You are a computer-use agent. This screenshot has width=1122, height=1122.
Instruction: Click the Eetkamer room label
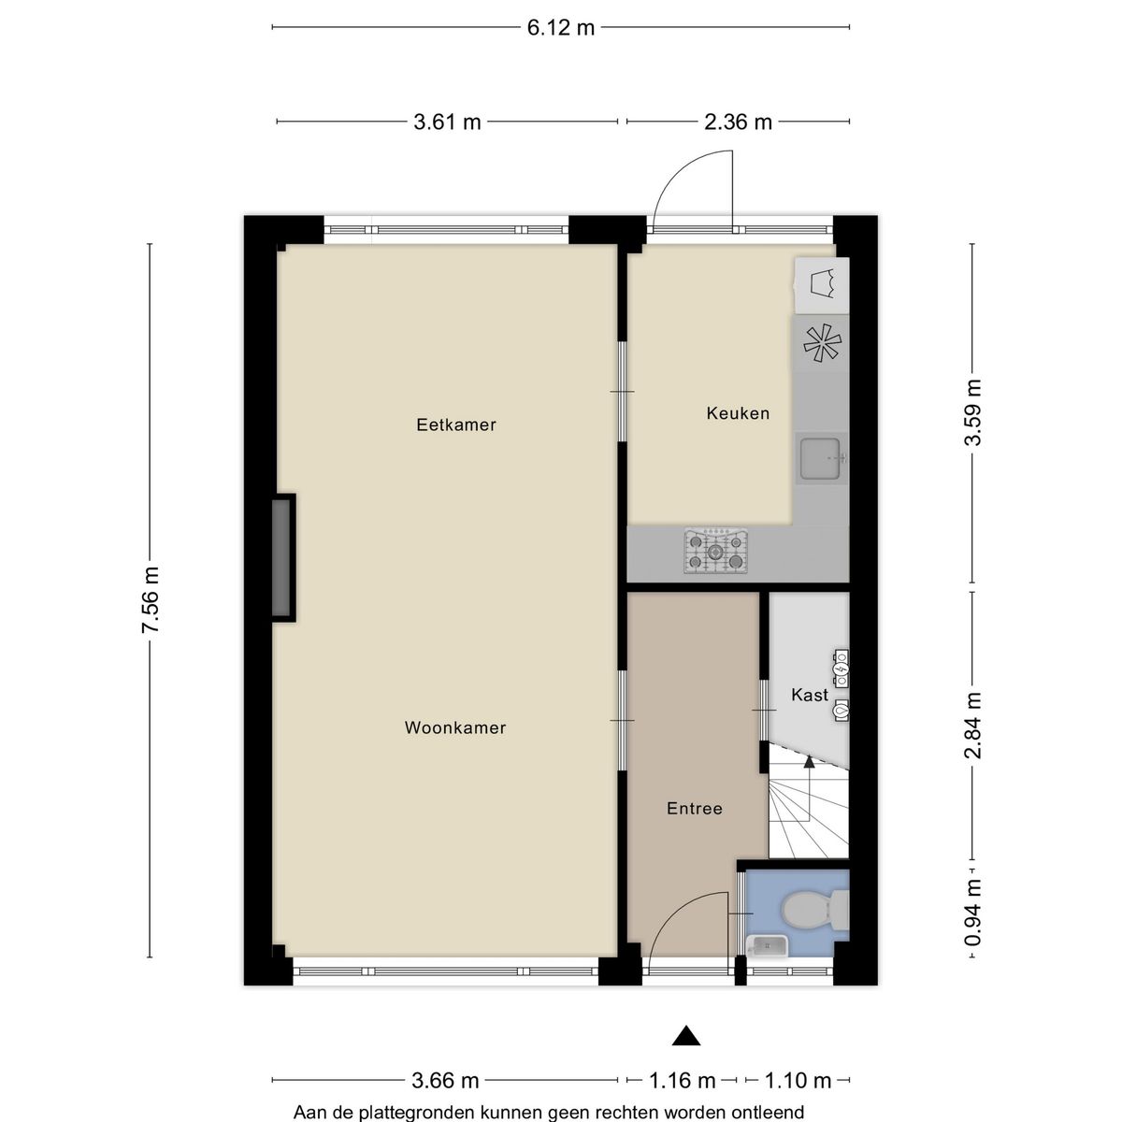tap(456, 424)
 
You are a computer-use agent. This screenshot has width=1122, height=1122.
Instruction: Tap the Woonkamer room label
tap(455, 727)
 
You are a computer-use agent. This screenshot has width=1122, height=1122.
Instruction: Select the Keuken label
tap(738, 412)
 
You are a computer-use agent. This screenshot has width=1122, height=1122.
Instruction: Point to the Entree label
tap(695, 808)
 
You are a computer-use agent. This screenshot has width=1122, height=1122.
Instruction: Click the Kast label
tap(810, 695)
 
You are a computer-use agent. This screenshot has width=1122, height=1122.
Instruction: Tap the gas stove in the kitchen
tap(716, 551)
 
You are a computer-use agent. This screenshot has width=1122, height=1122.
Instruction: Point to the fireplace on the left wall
tap(281, 557)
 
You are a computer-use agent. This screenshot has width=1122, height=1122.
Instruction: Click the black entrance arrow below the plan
tap(687, 1035)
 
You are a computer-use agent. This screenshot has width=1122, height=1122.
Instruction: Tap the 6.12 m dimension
tap(561, 27)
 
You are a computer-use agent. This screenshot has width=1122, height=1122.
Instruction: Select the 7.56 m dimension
tap(151, 600)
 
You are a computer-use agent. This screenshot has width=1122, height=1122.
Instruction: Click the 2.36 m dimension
tap(739, 122)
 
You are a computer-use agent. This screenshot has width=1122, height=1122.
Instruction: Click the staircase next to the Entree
tap(808, 809)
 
